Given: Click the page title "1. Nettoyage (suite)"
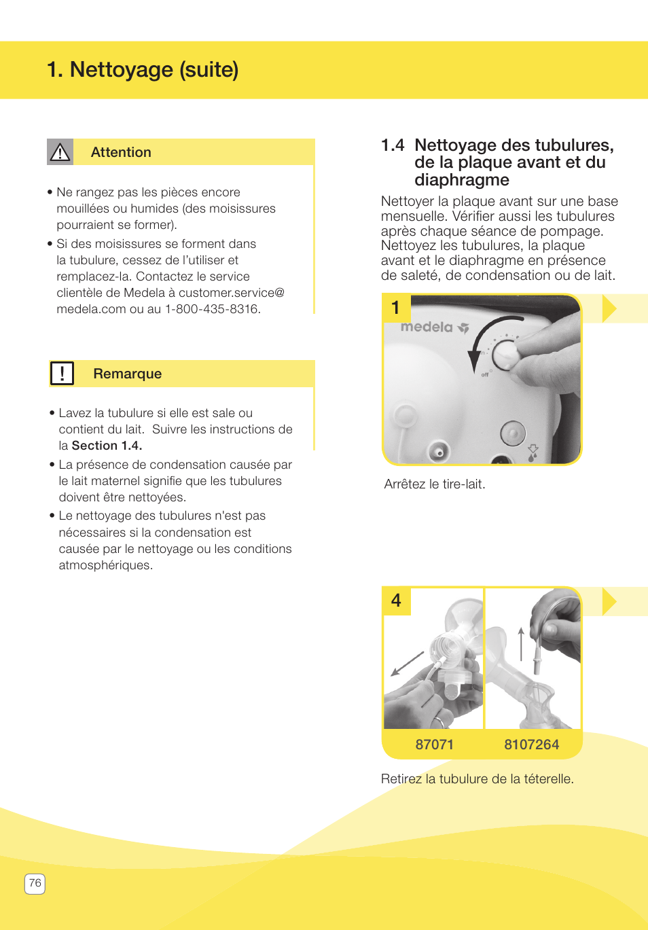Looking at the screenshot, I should pyautogui.click(x=143, y=70).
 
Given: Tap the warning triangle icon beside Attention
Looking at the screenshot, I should pyautogui.click(x=60, y=152).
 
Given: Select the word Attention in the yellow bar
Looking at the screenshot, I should pyautogui.click(x=121, y=152).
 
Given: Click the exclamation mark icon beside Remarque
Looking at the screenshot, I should pyautogui.click(x=62, y=374).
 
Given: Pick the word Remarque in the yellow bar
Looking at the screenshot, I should pyautogui.click(x=128, y=374).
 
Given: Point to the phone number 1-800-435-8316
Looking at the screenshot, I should pyautogui.click(x=212, y=309).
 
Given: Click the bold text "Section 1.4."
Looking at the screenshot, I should pyautogui.click(x=107, y=446).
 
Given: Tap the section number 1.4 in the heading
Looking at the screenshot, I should pyautogui.click(x=393, y=145).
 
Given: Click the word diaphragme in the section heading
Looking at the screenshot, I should pyautogui.click(x=462, y=180).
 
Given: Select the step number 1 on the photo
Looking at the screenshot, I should pyautogui.click(x=396, y=308).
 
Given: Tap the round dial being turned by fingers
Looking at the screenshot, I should pyautogui.click(x=505, y=353).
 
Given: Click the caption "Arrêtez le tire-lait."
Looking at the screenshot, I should pyautogui.click(x=435, y=484).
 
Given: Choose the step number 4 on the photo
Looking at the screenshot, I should pyautogui.click(x=397, y=601).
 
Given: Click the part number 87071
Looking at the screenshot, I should pyautogui.click(x=434, y=745).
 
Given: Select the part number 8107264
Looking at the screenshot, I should pyautogui.click(x=531, y=745).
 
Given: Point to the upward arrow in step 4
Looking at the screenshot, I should pyautogui.click(x=521, y=643).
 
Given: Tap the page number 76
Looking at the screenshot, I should pyautogui.click(x=35, y=883).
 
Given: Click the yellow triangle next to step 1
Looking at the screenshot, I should pyautogui.click(x=609, y=308).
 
